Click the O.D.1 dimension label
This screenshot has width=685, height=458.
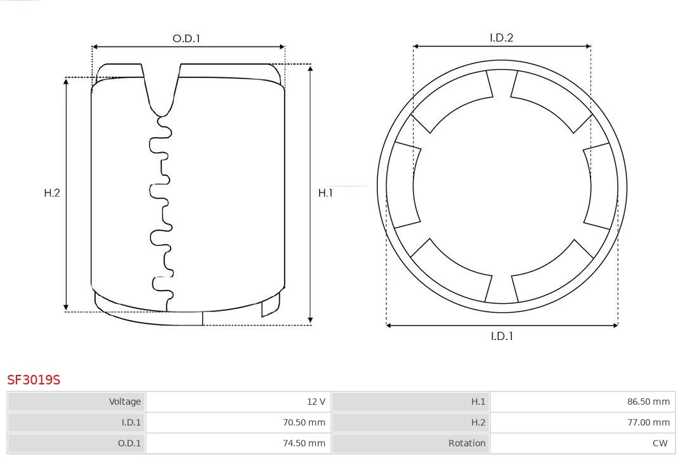pyautogui.click(x=186, y=39)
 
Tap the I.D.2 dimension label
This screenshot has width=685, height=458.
pyautogui.click(x=501, y=37)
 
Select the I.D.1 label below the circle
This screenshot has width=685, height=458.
pyautogui.click(x=502, y=336)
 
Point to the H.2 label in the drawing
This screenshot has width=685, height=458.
pyautogui.click(x=52, y=193)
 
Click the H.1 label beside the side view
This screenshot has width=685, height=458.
pyautogui.click(x=325, y=193)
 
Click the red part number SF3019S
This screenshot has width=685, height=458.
pyautogui.click(x=34, y=380)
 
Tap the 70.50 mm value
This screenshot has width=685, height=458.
pyautogui.click(x=304, y=422)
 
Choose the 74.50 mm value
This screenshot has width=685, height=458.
pyautogui.click(x=304, y=443)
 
